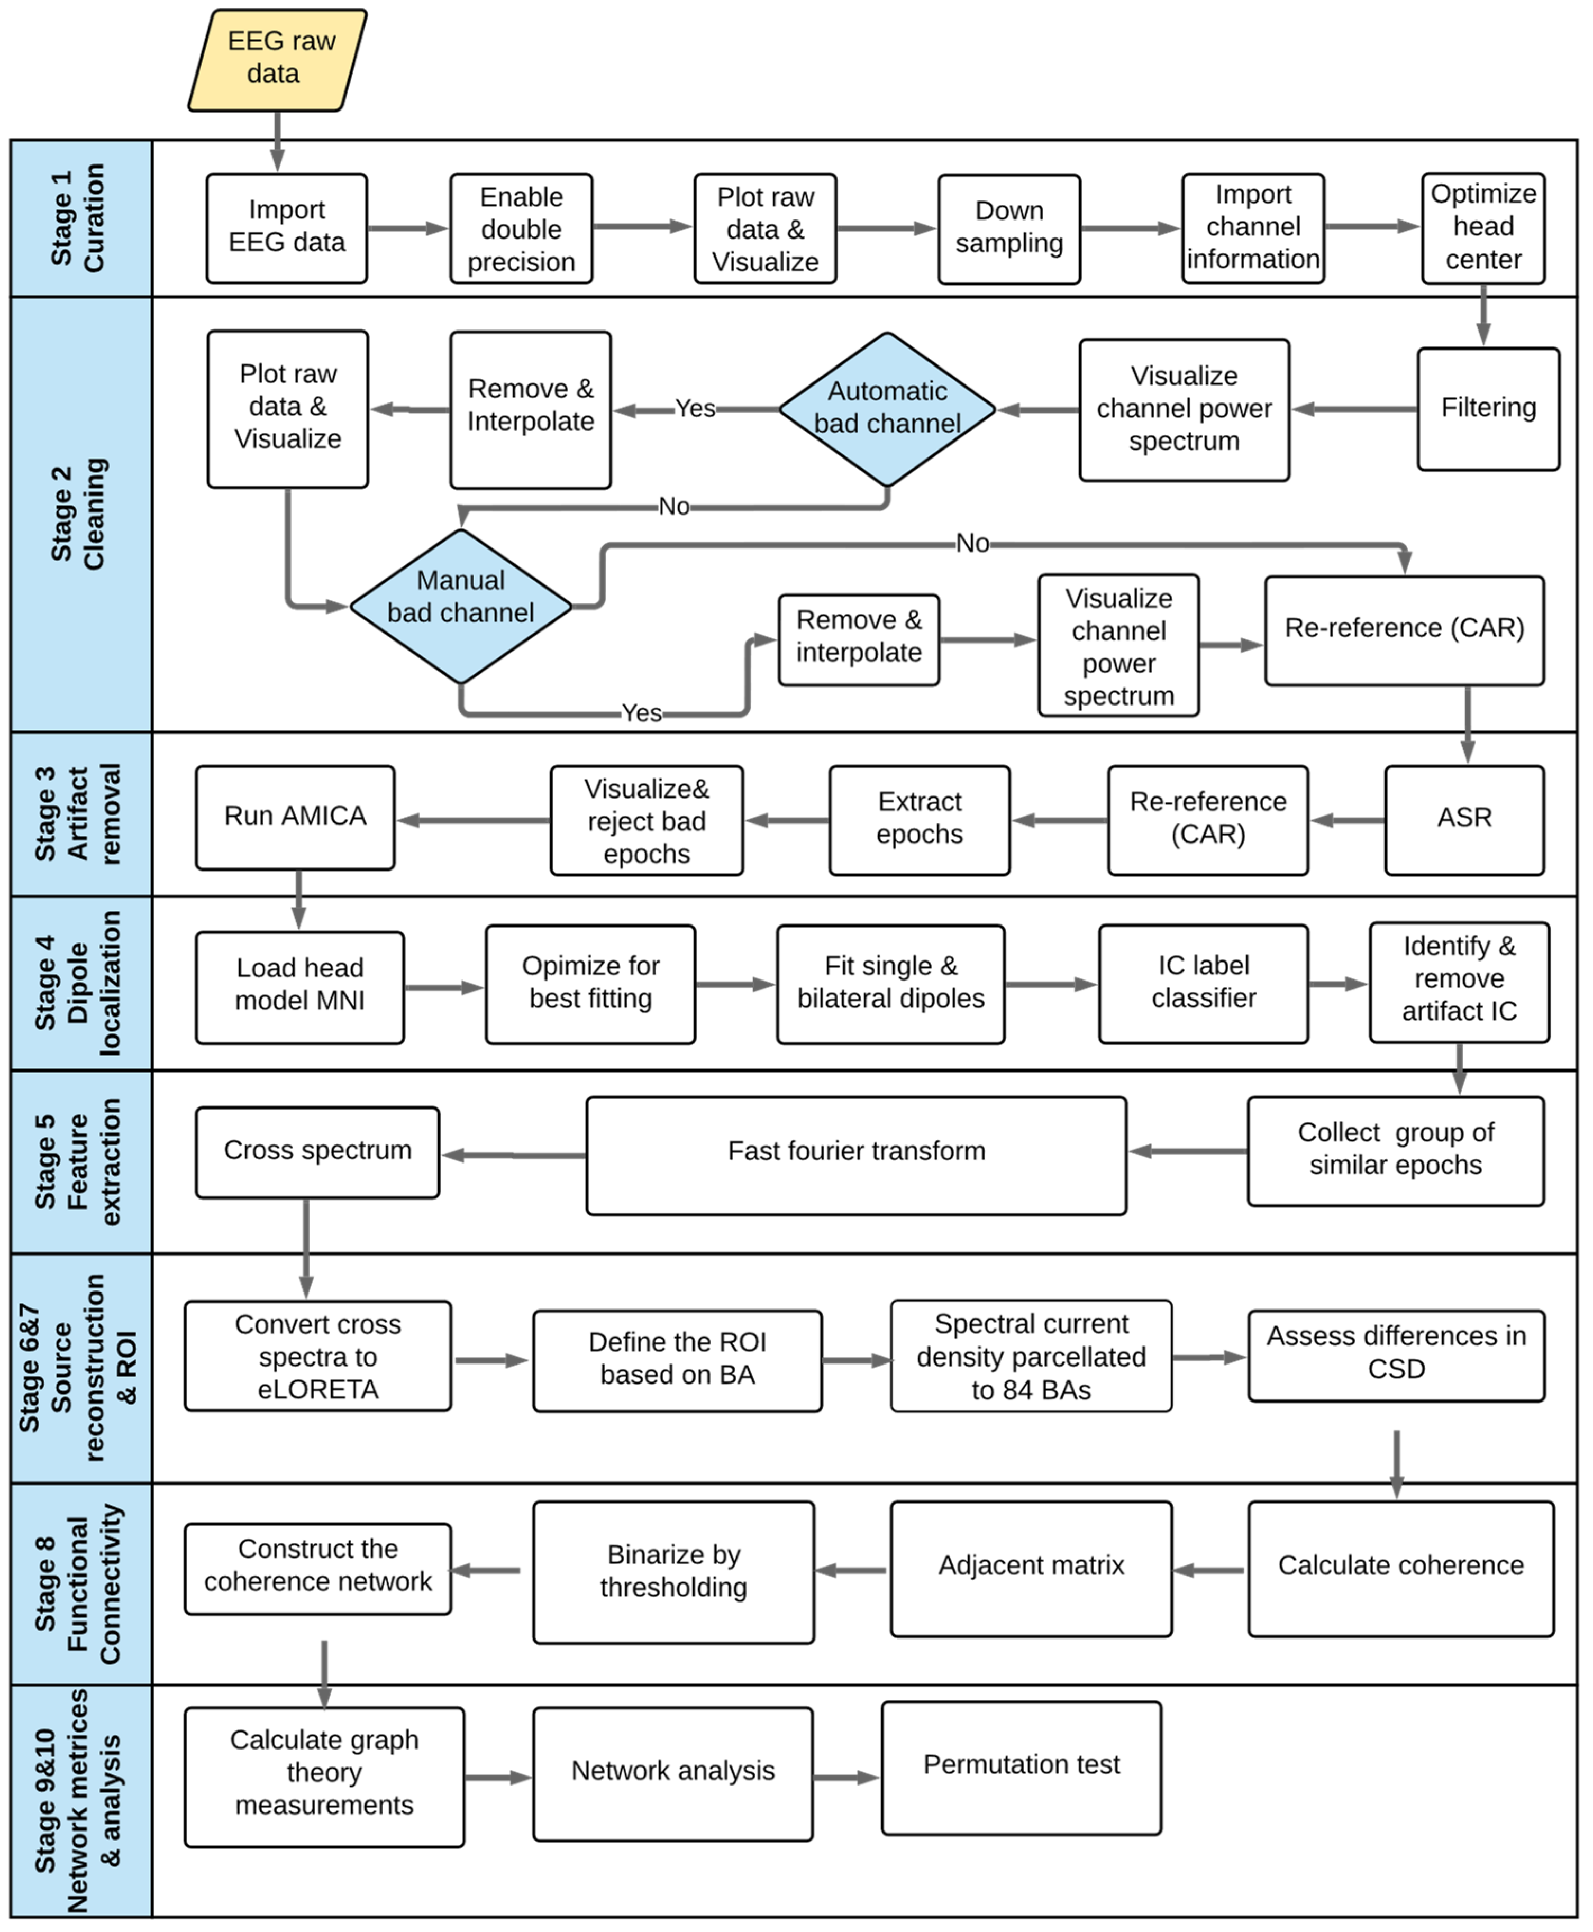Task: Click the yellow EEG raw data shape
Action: click(277, 60)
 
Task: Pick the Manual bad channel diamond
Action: click(461, 606)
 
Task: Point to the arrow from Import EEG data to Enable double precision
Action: click(407, 228)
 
